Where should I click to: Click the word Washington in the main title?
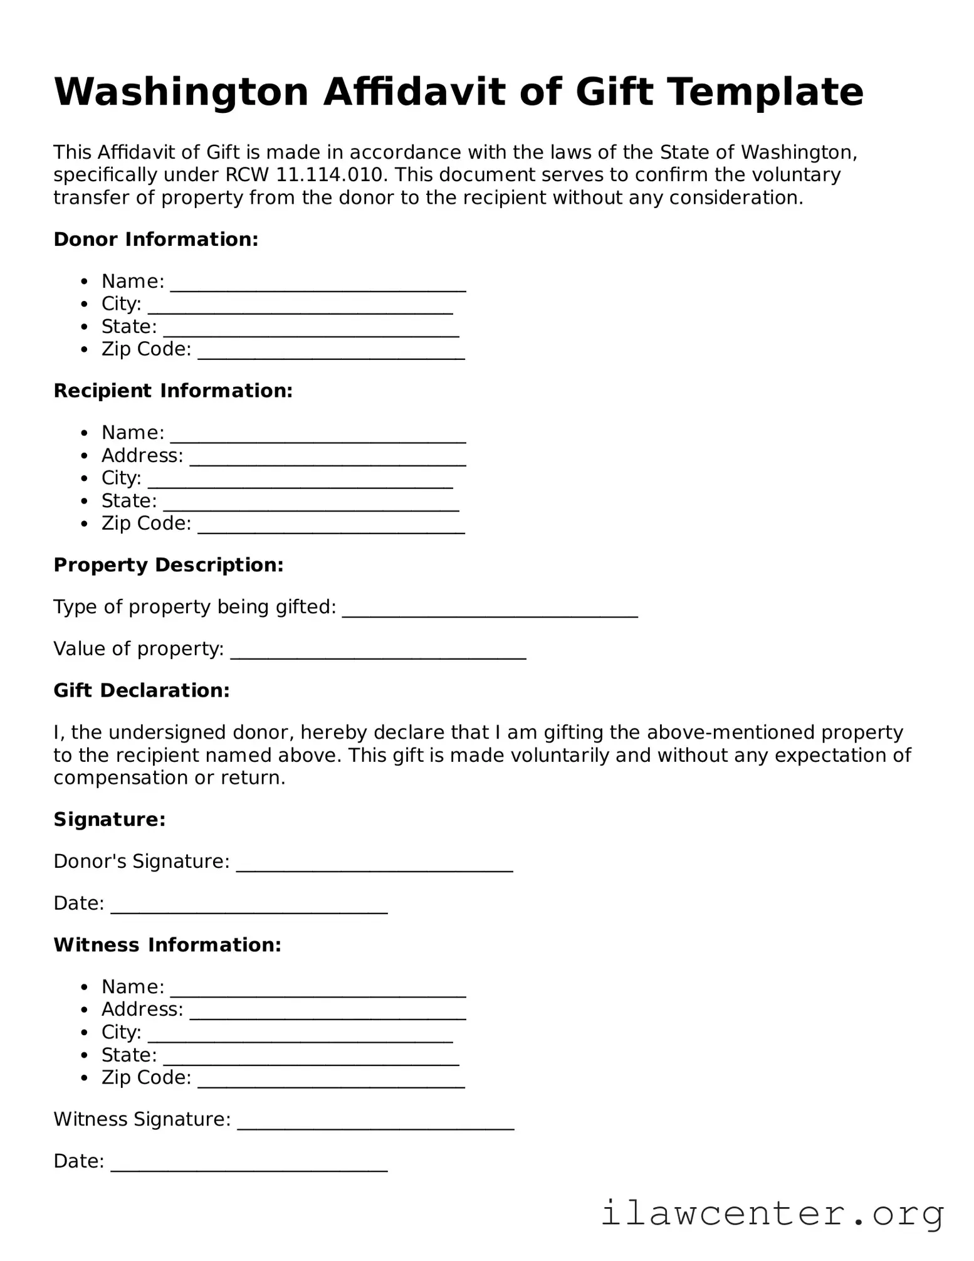(x=181, y=92)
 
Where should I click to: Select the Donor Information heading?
(x=156, y=240)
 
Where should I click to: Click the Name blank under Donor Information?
(x=318, y=284)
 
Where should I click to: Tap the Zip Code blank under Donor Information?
(x=331, y=352)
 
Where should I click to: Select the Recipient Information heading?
(x=173, y=391)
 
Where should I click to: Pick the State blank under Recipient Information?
(x=311, y=504)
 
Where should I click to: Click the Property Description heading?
(x=169, y=566)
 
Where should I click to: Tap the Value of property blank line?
(x=378, y=652)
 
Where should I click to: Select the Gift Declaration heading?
(x=142, y=691)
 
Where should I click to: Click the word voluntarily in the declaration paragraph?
(x=561, y=756)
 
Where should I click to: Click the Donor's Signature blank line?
(x=374, y=864)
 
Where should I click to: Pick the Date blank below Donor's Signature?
(x=249, y=906)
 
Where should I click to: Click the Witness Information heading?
(x=167, y=946)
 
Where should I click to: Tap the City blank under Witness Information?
(x=300, y=1035)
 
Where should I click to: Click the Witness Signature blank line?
(x=375, y=1122)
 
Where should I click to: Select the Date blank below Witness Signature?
(x=249, y=1164)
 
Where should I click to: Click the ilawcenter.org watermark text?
(x=772, y=1213)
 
